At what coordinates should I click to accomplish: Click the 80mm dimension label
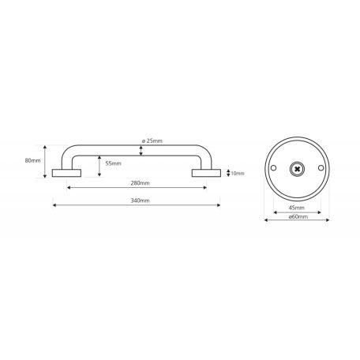[32, 160]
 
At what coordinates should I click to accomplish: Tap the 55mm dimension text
[113, 163]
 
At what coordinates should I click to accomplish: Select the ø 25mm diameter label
[152, 141]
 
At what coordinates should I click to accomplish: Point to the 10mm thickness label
[238, 174]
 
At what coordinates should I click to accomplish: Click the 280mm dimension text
[141, 183]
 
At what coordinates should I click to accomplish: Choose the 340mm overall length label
[141, 201]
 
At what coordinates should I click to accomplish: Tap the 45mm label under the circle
[297, 208]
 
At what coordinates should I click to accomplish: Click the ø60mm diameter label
[298, 216]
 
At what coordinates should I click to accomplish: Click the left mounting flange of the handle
[66, 173]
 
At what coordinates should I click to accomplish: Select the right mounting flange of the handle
[206, 173]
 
